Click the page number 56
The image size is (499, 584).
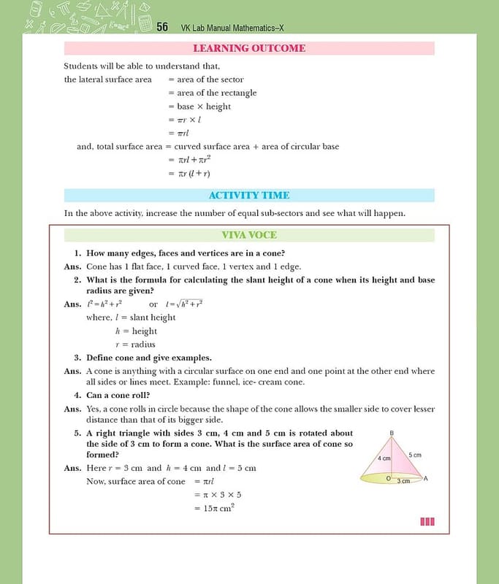162,27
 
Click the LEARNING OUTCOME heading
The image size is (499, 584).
249,48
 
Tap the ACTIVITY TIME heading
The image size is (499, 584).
249,195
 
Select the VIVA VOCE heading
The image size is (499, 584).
249,235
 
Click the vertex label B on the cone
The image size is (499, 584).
392,434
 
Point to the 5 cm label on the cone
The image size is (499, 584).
414,455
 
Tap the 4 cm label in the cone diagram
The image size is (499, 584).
384,458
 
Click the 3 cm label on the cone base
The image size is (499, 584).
403,481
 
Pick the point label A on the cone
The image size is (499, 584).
425,478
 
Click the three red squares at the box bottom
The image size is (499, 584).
427,521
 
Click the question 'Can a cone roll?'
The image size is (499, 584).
118,396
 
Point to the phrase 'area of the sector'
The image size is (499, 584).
210,80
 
